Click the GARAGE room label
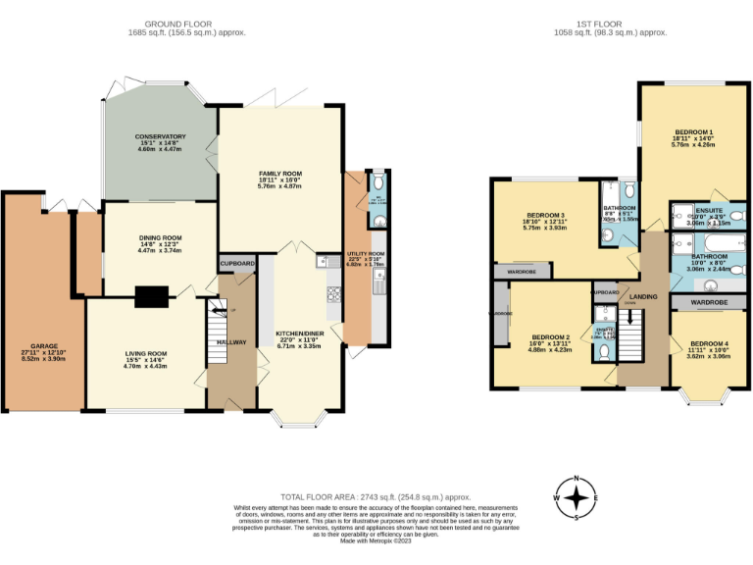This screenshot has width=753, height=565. click(42, 346)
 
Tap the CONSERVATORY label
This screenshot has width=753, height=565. click(160, 137)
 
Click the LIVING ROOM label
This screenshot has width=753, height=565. click(145, 353)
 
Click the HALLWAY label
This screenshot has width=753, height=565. click(231, 341)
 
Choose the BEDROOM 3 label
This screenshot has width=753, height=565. click(546, 215)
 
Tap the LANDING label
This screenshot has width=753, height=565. click(643, 295)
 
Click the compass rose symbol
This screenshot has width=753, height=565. click(577, 497)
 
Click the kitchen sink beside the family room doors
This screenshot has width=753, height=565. click(322, 261)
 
